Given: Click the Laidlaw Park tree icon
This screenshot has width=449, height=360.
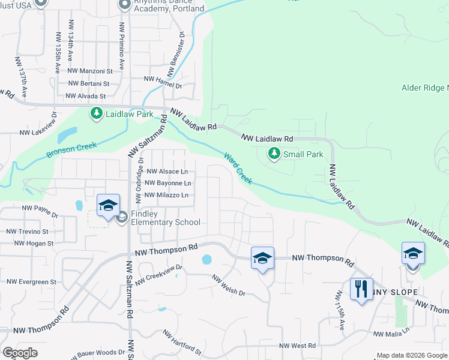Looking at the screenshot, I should (96, 113).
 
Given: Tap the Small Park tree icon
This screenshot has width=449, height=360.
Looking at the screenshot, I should (274, 154).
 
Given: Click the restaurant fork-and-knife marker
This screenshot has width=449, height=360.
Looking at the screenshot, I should (361, 289).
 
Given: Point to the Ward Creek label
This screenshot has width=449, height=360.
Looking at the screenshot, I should (238, 169).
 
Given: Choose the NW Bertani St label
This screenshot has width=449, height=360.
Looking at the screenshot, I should (89, 84).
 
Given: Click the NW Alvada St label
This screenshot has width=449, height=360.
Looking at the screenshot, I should (85, 95).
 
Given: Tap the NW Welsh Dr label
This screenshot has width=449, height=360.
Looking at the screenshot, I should (229, 285).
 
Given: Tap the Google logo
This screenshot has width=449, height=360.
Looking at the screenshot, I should (20, 353).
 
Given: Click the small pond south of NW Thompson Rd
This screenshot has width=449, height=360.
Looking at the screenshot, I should (207, 260).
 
